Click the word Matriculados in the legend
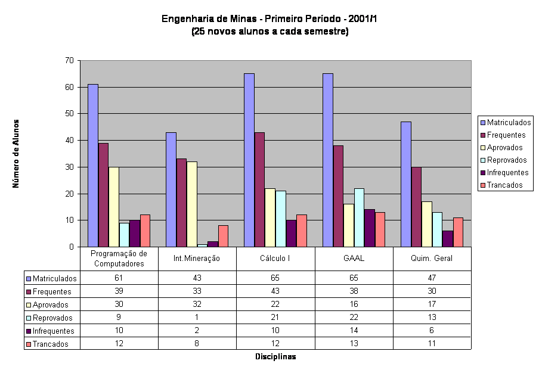click(509, 123)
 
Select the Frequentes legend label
click(506, 135)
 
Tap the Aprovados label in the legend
click(504, 148)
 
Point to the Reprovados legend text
click(507, 160)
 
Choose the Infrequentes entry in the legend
click(507, 173)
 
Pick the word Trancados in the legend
click(504, 185)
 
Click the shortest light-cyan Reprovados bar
click(202, 245)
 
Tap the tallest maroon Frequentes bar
click(259, 189)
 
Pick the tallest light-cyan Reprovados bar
click(359, 217)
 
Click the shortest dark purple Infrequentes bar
click(213, 244)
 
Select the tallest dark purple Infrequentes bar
click(370, 228)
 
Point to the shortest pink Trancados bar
click(223, 236)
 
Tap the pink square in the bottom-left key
click(28, 344)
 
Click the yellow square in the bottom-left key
click(28, 305)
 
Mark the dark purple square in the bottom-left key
click(28, 331)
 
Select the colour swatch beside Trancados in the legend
click(482, 185)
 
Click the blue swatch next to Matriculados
click(482, 123)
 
